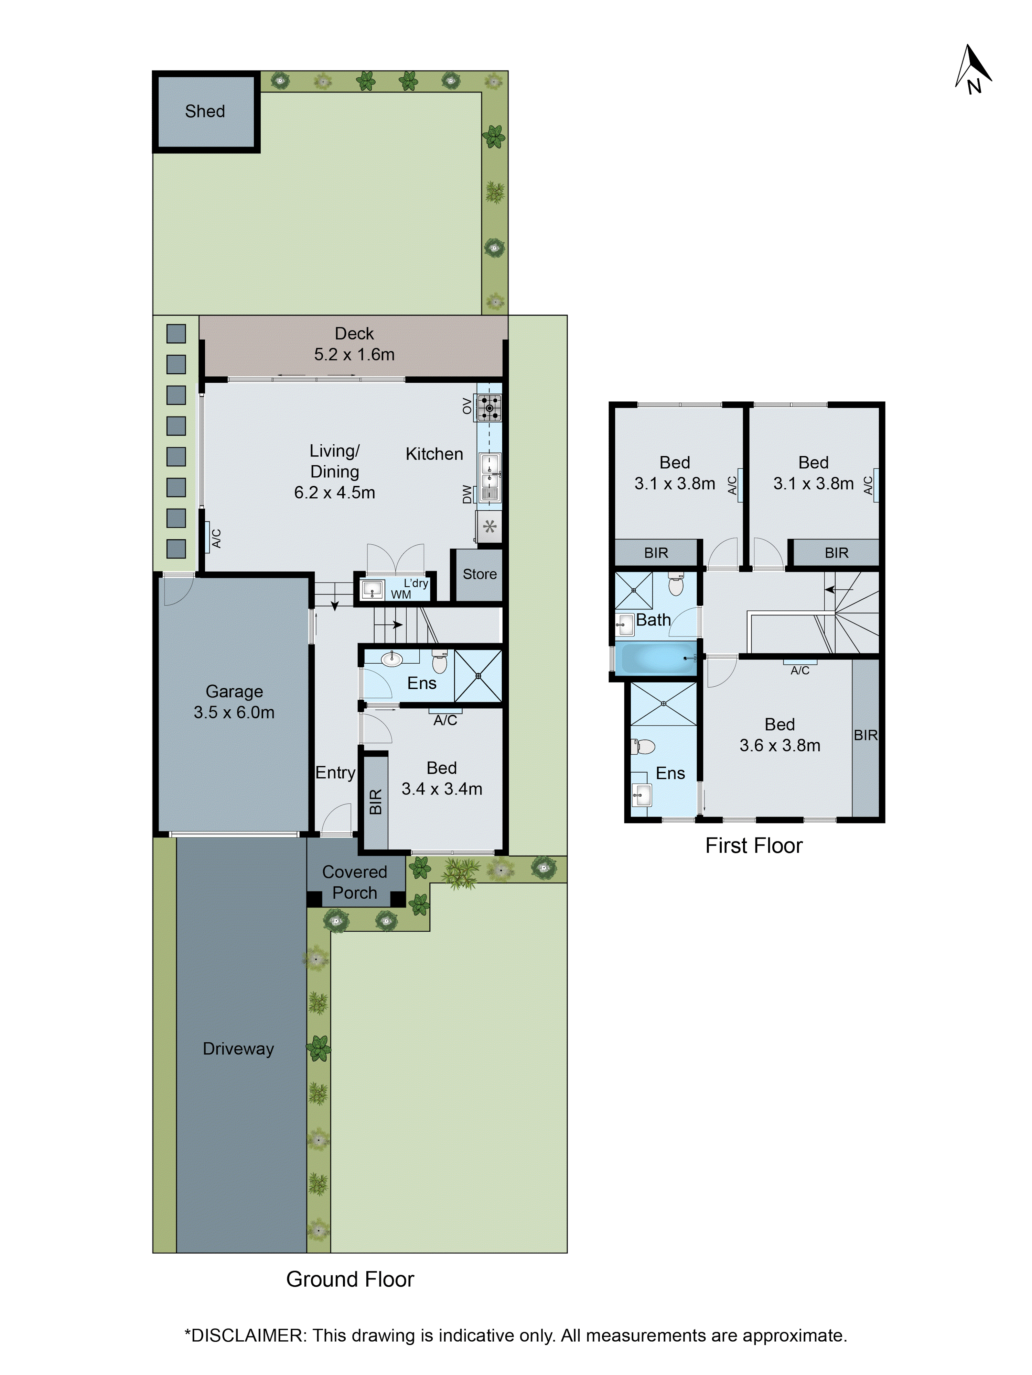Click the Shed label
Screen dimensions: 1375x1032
click(x=205, y=111)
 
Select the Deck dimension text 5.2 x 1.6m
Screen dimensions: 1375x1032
click(x=354, y=354)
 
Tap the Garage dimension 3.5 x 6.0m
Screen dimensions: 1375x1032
click(x=234, y=712)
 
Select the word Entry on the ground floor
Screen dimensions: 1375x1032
click(x=335, y=773)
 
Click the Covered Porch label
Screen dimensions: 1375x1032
click(x=355, y=882)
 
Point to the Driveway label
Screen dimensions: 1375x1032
click(x=238, y=1049)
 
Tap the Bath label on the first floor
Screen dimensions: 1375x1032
click(x=653, y=620)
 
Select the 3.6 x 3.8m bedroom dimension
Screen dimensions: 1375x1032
click(x=780, y=745)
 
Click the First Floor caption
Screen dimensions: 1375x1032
click(x=753, y=845)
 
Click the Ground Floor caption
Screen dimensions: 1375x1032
click(x=350, y=1279)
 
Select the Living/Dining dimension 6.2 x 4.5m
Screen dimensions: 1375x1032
click(x=335, y=492)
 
